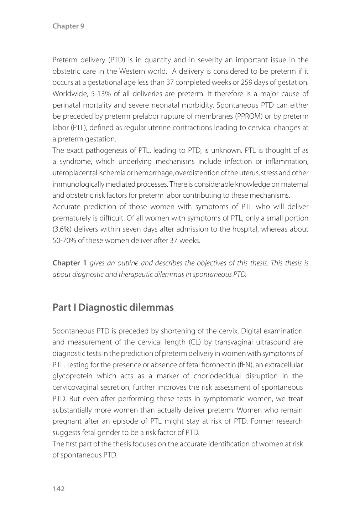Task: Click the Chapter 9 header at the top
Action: click(68, 26)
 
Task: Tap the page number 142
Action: click(59, 489)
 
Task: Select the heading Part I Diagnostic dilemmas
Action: click(113, 307)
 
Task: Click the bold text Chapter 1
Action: click(69, 263)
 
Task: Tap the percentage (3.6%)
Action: click(62, 229)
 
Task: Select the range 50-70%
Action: click(64, 240)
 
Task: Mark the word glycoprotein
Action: click(72, 376)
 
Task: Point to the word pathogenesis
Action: click(101, 150)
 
